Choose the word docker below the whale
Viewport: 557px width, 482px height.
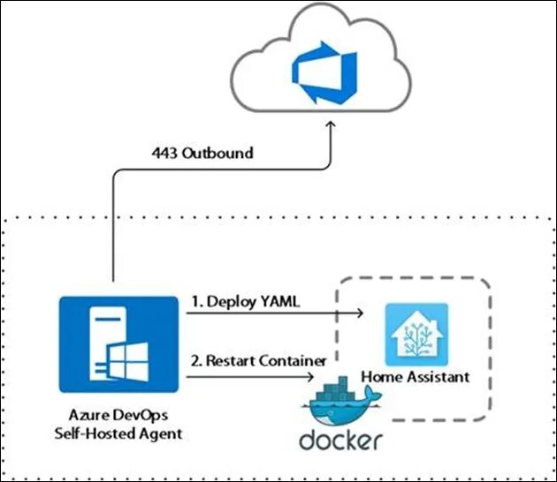coord(340,439)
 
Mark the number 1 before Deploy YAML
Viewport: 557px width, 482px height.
coord(195,301)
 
